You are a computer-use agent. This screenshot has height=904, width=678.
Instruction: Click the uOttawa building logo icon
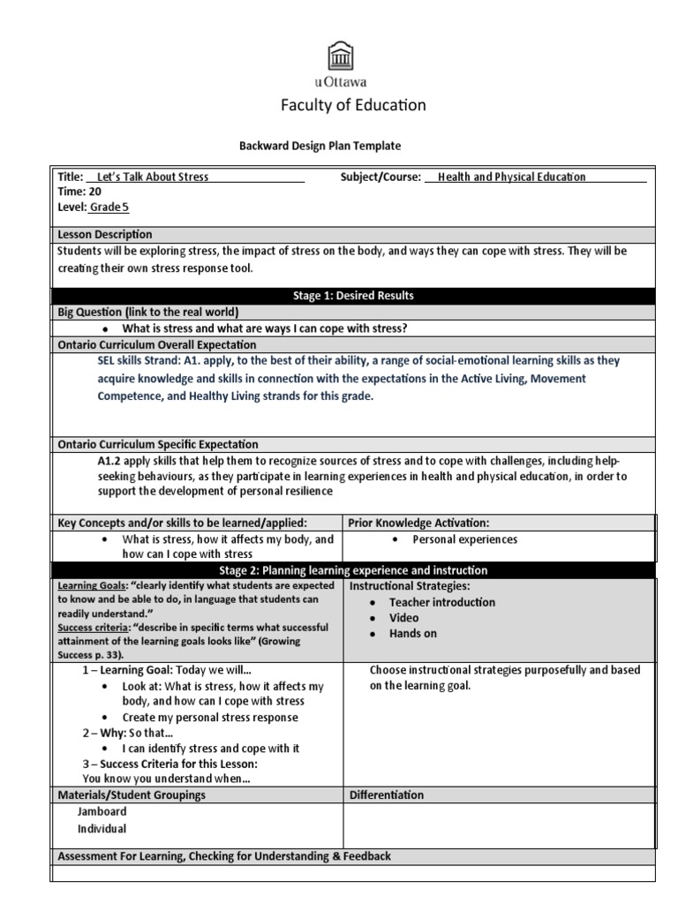[339, 57]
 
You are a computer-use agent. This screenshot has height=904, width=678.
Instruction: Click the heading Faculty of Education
[353, 105]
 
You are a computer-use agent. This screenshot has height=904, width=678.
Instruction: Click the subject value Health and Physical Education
[511, 177]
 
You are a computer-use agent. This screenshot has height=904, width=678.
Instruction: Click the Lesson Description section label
[104, 234]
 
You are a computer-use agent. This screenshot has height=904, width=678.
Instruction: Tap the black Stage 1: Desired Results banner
[353, 296]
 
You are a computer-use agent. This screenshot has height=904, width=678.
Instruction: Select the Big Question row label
[148, 312]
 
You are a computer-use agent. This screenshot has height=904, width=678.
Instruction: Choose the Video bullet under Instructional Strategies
[403, 618]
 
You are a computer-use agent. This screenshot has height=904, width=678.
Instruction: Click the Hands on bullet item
[412, 634]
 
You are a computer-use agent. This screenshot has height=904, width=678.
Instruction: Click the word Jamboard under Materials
[102, 811]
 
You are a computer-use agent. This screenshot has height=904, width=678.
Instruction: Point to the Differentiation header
[387, 795]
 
